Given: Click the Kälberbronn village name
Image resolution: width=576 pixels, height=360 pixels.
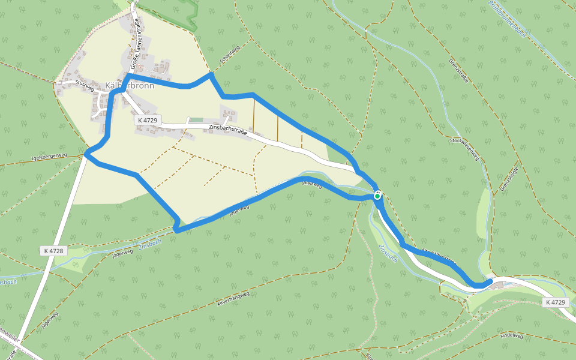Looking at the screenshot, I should (130, 86).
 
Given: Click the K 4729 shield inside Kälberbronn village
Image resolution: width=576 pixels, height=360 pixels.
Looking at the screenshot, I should (148, 121).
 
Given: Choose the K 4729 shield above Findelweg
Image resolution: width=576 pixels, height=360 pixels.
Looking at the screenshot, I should (556, 302).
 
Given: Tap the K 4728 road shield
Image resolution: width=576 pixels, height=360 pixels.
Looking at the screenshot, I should (53, 251).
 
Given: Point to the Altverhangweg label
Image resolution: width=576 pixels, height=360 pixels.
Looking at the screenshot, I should (232, 299).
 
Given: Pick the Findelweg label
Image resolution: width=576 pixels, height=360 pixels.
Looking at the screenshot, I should (511, 337).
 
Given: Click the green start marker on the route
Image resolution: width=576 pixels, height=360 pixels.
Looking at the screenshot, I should (377, 196).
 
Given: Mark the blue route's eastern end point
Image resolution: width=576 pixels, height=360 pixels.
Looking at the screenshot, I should (490, 281).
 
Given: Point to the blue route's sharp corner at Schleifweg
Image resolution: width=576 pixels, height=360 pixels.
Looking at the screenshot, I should (211, 74).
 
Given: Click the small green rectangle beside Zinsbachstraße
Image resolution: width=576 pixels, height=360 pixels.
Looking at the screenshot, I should (196, 119).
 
